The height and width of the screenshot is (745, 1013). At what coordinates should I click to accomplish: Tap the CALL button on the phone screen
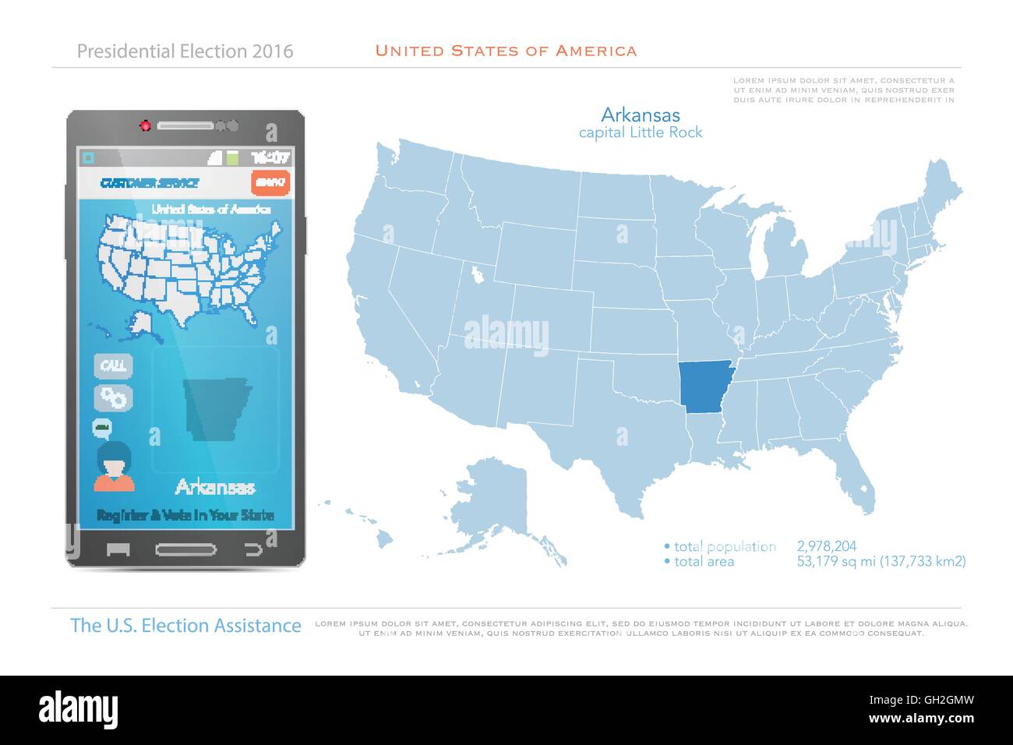(x=114, y=365)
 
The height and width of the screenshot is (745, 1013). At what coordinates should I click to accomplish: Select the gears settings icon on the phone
(x=114, y=397)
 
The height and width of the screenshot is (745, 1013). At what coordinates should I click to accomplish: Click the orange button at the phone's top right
(x=270, y=182)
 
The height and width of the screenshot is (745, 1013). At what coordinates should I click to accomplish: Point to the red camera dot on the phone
(x=144, y=125)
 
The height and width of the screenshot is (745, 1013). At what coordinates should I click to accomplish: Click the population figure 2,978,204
(x=827, y=546)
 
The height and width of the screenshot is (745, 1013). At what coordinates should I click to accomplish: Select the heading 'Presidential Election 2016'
(x=185, y=51)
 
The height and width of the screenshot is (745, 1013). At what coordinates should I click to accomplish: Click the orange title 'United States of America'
(x=506, y=51)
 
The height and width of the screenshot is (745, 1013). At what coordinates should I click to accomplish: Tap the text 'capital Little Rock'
(x=640, y=132)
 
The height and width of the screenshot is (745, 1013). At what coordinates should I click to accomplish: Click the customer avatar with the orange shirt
(x=114, y=467)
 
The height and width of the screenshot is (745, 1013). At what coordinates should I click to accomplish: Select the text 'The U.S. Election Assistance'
(x=185, y=625)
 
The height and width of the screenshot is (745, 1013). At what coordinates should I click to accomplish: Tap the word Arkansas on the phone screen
(x=215, y=488)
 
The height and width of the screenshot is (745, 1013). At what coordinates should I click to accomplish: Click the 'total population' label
(x=724, y=546)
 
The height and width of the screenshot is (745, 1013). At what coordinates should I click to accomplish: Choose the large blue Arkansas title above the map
(x=641, y=115)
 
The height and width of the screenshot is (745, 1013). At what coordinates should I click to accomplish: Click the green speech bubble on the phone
(x=102, y=427)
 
